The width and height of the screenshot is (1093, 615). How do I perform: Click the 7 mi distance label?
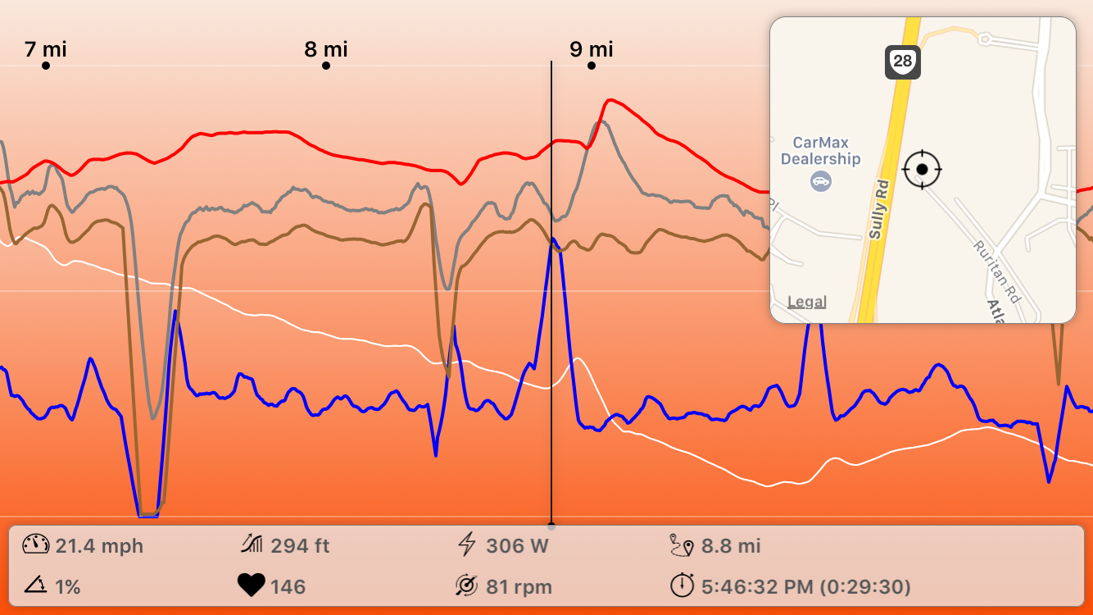46,50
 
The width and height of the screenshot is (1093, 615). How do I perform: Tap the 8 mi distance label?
326,50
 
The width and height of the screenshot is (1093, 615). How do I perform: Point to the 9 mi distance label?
592,50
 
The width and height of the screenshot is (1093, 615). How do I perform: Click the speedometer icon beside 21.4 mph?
36,545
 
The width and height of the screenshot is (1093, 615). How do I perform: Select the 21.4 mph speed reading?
99,546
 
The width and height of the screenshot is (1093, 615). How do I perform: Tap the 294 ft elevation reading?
300,546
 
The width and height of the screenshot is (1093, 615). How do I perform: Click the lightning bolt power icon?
466,544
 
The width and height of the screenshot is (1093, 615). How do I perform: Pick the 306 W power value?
517,546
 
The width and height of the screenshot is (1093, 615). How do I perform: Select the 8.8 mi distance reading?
731,546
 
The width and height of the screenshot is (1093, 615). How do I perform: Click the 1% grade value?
68,587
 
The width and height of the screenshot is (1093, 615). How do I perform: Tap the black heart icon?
252,586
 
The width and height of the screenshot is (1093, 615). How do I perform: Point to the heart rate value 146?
288,587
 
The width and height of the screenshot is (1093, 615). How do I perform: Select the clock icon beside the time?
682,586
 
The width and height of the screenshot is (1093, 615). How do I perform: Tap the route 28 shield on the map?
902,62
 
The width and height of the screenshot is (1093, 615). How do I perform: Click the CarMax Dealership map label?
820,151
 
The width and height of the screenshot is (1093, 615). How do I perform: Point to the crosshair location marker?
922,169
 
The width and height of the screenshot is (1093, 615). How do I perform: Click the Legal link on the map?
806,302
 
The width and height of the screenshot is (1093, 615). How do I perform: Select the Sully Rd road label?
878,210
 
